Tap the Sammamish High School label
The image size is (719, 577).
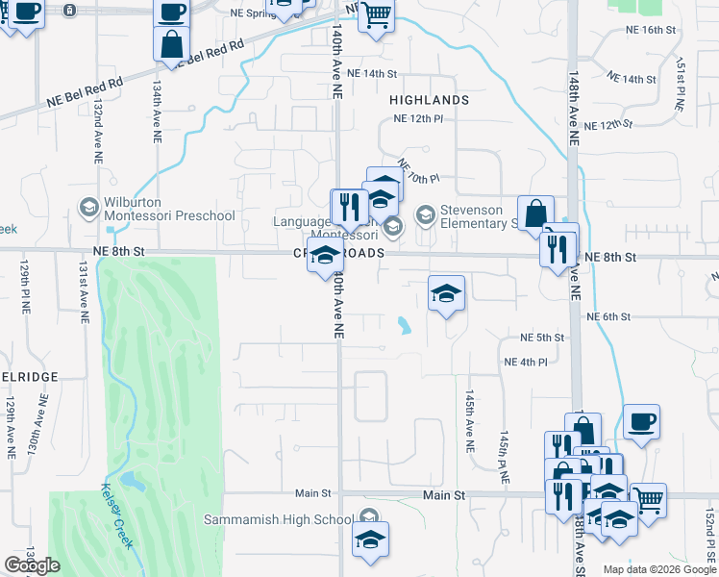point(278,520)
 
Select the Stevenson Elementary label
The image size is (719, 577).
point(479,217)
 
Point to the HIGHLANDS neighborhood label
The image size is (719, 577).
point(429,100)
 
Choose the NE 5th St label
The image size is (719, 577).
point(541,338)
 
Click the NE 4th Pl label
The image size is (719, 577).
point(525,362)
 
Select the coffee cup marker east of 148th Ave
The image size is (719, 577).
point(641,421)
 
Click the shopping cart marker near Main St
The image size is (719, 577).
point(648,499)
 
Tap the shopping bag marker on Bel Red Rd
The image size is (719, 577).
point(171,44)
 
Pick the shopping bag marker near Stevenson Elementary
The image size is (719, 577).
point(535,213)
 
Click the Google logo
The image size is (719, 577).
point(32,565)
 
